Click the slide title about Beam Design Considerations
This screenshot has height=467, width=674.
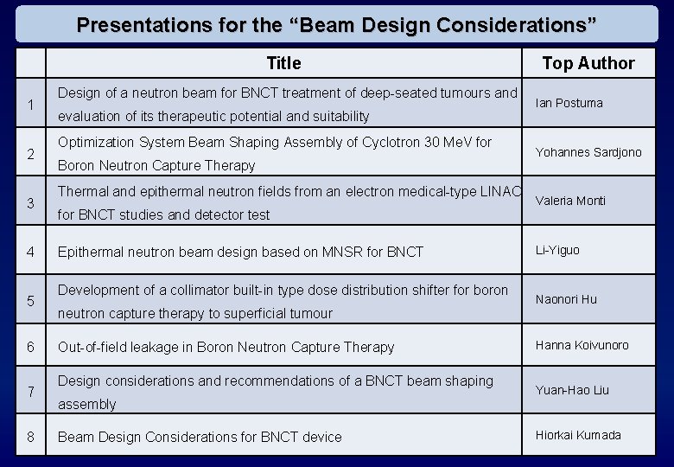pos(336,24)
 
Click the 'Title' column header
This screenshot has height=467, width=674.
pos(283,63)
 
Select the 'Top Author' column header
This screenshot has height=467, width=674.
pos(588,63)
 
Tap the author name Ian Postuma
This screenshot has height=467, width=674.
pos(569,103)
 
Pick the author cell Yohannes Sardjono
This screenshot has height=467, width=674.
pos(588,152)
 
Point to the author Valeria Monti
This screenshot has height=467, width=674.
pos(570,201)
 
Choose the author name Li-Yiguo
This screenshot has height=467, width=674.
pos(557,250)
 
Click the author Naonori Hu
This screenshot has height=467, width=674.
pos(566,299)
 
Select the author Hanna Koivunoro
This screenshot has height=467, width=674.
pos(582,345)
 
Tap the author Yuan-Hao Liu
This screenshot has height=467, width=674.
pos(572,390)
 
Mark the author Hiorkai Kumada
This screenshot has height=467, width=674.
pos(577,435)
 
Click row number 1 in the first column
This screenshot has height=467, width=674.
pos(30,106)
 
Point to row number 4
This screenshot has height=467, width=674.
pos(30,253)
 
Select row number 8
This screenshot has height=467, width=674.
pos(30,438)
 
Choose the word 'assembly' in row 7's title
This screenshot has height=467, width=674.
pos(86,405)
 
